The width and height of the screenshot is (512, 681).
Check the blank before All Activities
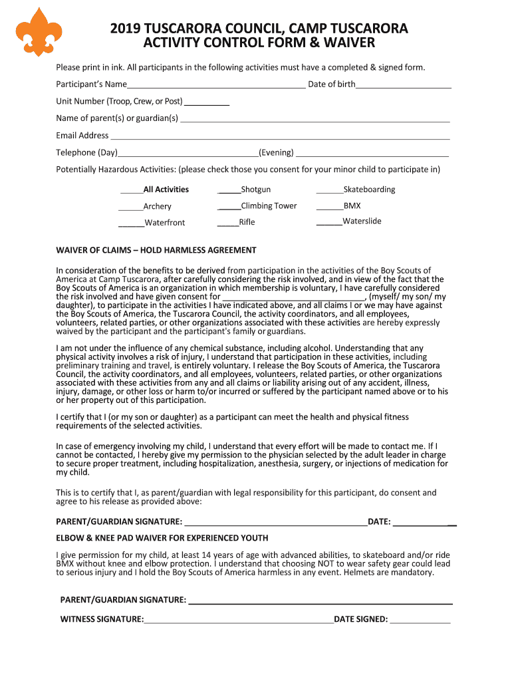pos(132,191)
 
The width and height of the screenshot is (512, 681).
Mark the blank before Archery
pos(132,207)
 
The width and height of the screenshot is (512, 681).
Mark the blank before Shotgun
pos(229,191)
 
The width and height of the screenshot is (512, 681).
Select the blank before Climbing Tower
pos(229,207)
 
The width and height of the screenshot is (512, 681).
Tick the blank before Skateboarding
pos(329,191)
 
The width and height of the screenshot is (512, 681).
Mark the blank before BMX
pos(329,207)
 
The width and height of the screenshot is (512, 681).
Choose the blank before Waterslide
pos(329,223)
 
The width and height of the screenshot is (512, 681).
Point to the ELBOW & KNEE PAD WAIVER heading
pos(162,537)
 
